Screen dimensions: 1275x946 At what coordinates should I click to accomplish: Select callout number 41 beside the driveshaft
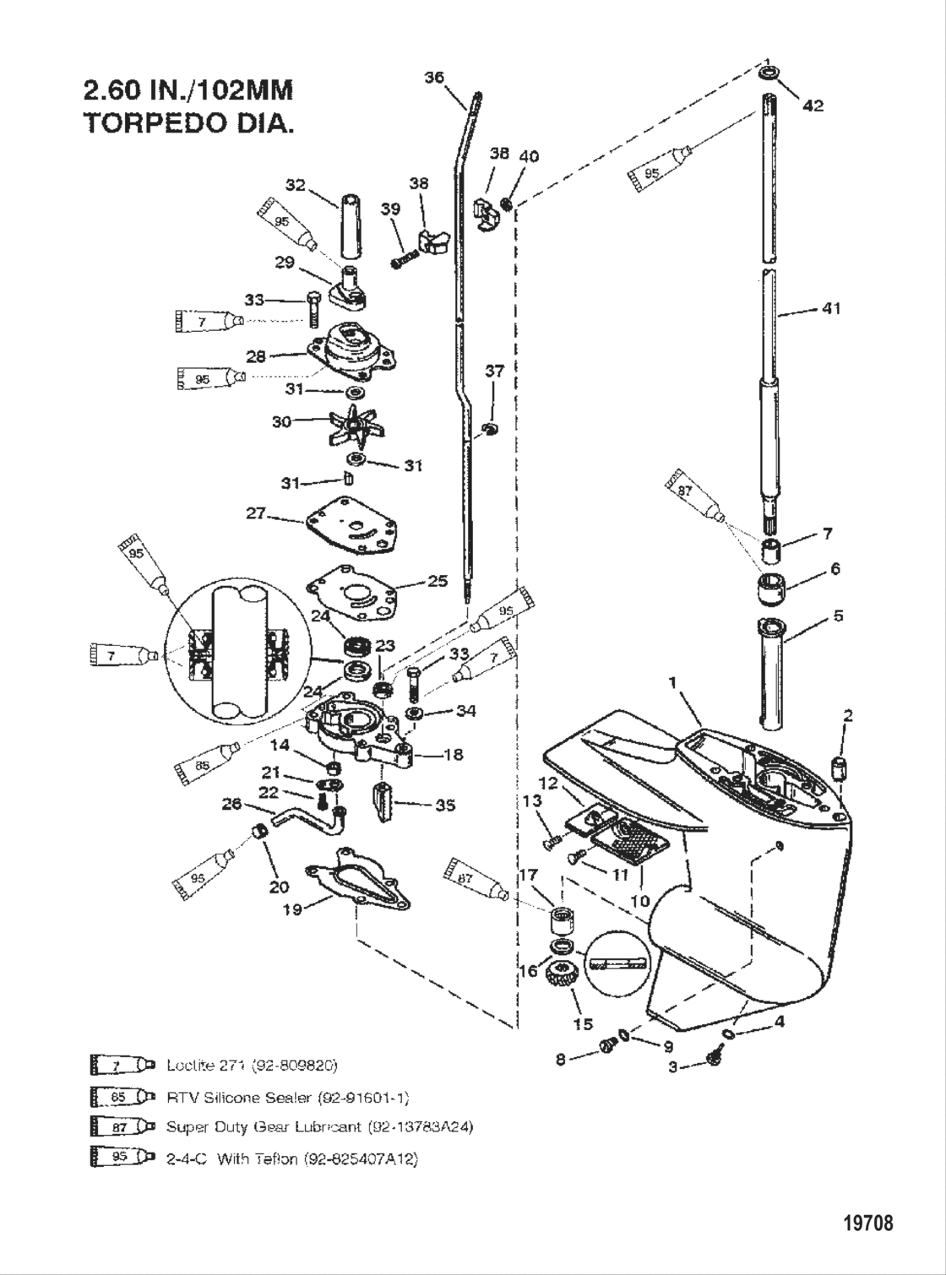pyautogui.click(x=831, y=309)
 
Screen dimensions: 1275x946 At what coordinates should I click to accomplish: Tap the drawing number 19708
pyautogui.click(x=867, y=1222)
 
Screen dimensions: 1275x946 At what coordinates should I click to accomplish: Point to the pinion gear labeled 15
pyautogui.click(x=558, y=978)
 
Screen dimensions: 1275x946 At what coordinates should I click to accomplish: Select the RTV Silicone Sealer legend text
pyautogui.click(x=287, y=1097)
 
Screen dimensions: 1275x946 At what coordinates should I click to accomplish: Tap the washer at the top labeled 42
pyautogui.click(x=769, y=74)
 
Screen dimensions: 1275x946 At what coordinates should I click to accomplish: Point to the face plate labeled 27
pyautogui.click(x=350, y=525)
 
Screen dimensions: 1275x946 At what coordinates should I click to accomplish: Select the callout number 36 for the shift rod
pyautogui.click(x=434, y=78)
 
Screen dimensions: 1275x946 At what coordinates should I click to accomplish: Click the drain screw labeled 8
pyautogui.click(x=606, y=1047)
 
